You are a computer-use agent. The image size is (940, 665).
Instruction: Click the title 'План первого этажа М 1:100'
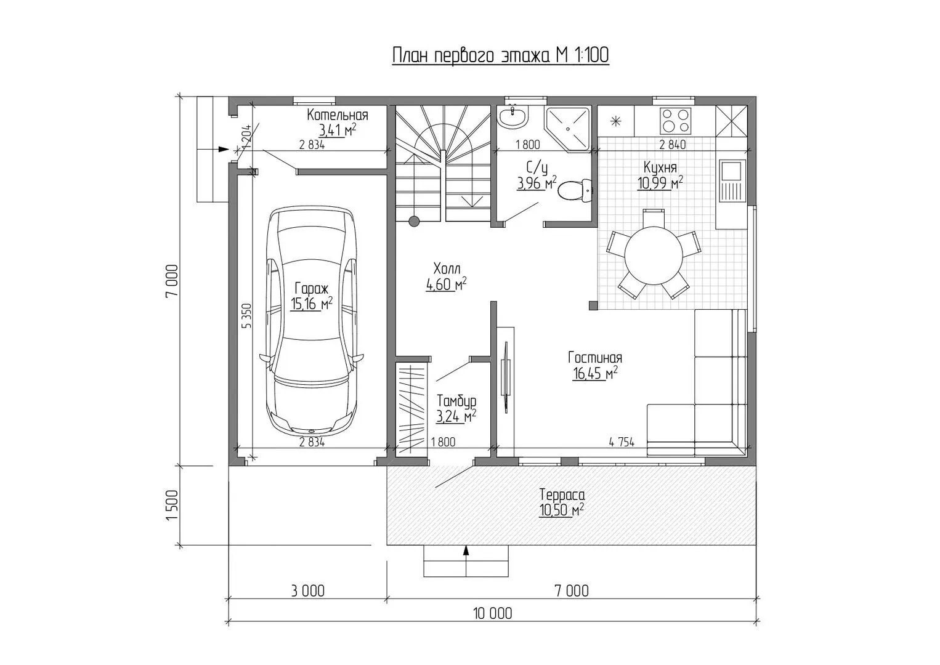[x=501, y=55]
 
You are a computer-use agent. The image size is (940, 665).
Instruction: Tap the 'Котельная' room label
[x=338, y=115]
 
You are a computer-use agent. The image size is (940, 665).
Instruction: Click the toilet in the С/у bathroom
[x=575, y=191]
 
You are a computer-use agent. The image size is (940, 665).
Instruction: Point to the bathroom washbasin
[x=513, y=116]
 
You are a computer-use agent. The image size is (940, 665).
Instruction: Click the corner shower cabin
[x=567, y=129]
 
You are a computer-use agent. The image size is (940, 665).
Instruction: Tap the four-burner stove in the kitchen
[x=675, y=121]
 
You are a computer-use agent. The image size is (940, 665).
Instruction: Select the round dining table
[x=654, y=256]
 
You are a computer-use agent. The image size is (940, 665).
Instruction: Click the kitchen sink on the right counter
[x=732, y=180]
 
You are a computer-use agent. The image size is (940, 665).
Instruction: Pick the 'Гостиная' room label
[x=595, y=358]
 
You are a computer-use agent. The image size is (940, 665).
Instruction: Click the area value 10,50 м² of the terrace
[x=562, y=510]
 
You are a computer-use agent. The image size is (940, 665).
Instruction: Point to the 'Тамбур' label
[x=456, y=401]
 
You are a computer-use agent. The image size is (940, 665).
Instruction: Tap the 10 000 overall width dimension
[x=493, y=613]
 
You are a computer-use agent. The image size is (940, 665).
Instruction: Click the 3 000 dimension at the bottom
[x=307, y=590]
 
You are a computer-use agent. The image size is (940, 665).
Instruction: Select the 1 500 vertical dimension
[x=172, y=505]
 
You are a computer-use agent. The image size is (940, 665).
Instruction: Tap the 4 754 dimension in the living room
[x=622, y=442]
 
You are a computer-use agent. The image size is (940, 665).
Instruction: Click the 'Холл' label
[x=447, y=268]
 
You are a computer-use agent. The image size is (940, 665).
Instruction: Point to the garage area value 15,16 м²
[x=311, y=304]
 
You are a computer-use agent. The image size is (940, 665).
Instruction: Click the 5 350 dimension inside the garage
[x=247, y=315]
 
